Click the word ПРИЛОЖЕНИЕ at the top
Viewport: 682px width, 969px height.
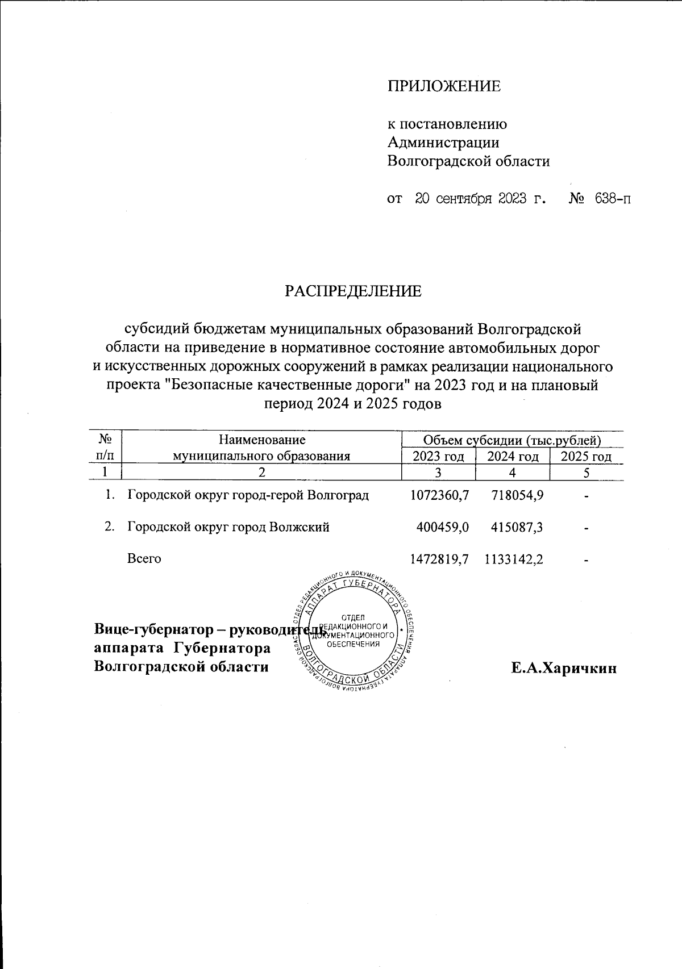pos(444,86)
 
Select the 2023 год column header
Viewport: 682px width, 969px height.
pos(438,457)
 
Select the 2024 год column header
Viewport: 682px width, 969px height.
pos(513,457)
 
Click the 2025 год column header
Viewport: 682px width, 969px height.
pos(586,457)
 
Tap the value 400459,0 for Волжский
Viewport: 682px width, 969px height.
pos(443,527)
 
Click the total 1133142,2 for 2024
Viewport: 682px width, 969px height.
pos(513,559)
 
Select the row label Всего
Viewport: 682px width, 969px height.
pos(144,559)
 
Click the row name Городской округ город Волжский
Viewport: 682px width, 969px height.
pos(228,527)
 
